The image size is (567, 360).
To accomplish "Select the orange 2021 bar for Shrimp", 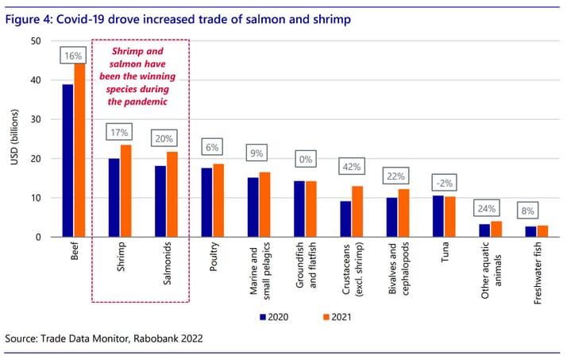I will pyautogui.click(x=125, y=191).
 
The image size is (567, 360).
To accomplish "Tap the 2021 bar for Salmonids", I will pyautogui.click(x=171, y=194).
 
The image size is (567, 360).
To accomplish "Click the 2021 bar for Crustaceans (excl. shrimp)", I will pyautogui.click(x=357, y=211).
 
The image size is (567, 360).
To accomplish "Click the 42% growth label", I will pyautogui.click(x=351, y=168).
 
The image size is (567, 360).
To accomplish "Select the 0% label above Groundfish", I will pyautogui.click(x=304, y=159).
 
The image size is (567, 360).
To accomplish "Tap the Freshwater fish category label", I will pyautogui.click(x=536, y=267).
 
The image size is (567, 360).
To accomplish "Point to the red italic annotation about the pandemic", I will pyautogui.click(x=141, y=76).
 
